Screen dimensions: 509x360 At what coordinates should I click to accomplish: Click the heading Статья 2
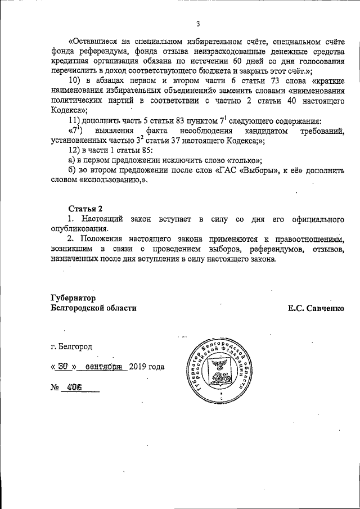(85, 209)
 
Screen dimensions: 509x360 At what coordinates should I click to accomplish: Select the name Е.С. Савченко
(316, 308)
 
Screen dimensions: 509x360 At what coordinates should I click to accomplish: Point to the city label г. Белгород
(71, 346)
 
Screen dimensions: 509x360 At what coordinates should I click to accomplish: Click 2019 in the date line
(138, 367)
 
